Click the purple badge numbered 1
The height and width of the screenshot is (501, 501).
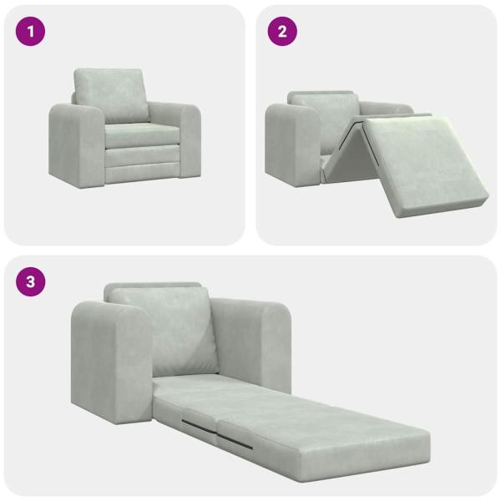pyautogui.click(x=31, y=32)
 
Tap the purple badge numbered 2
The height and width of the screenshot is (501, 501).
pyautogui.click(x=281, y=32)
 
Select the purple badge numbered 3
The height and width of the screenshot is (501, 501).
pyautogui.click(x=31, y=281)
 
